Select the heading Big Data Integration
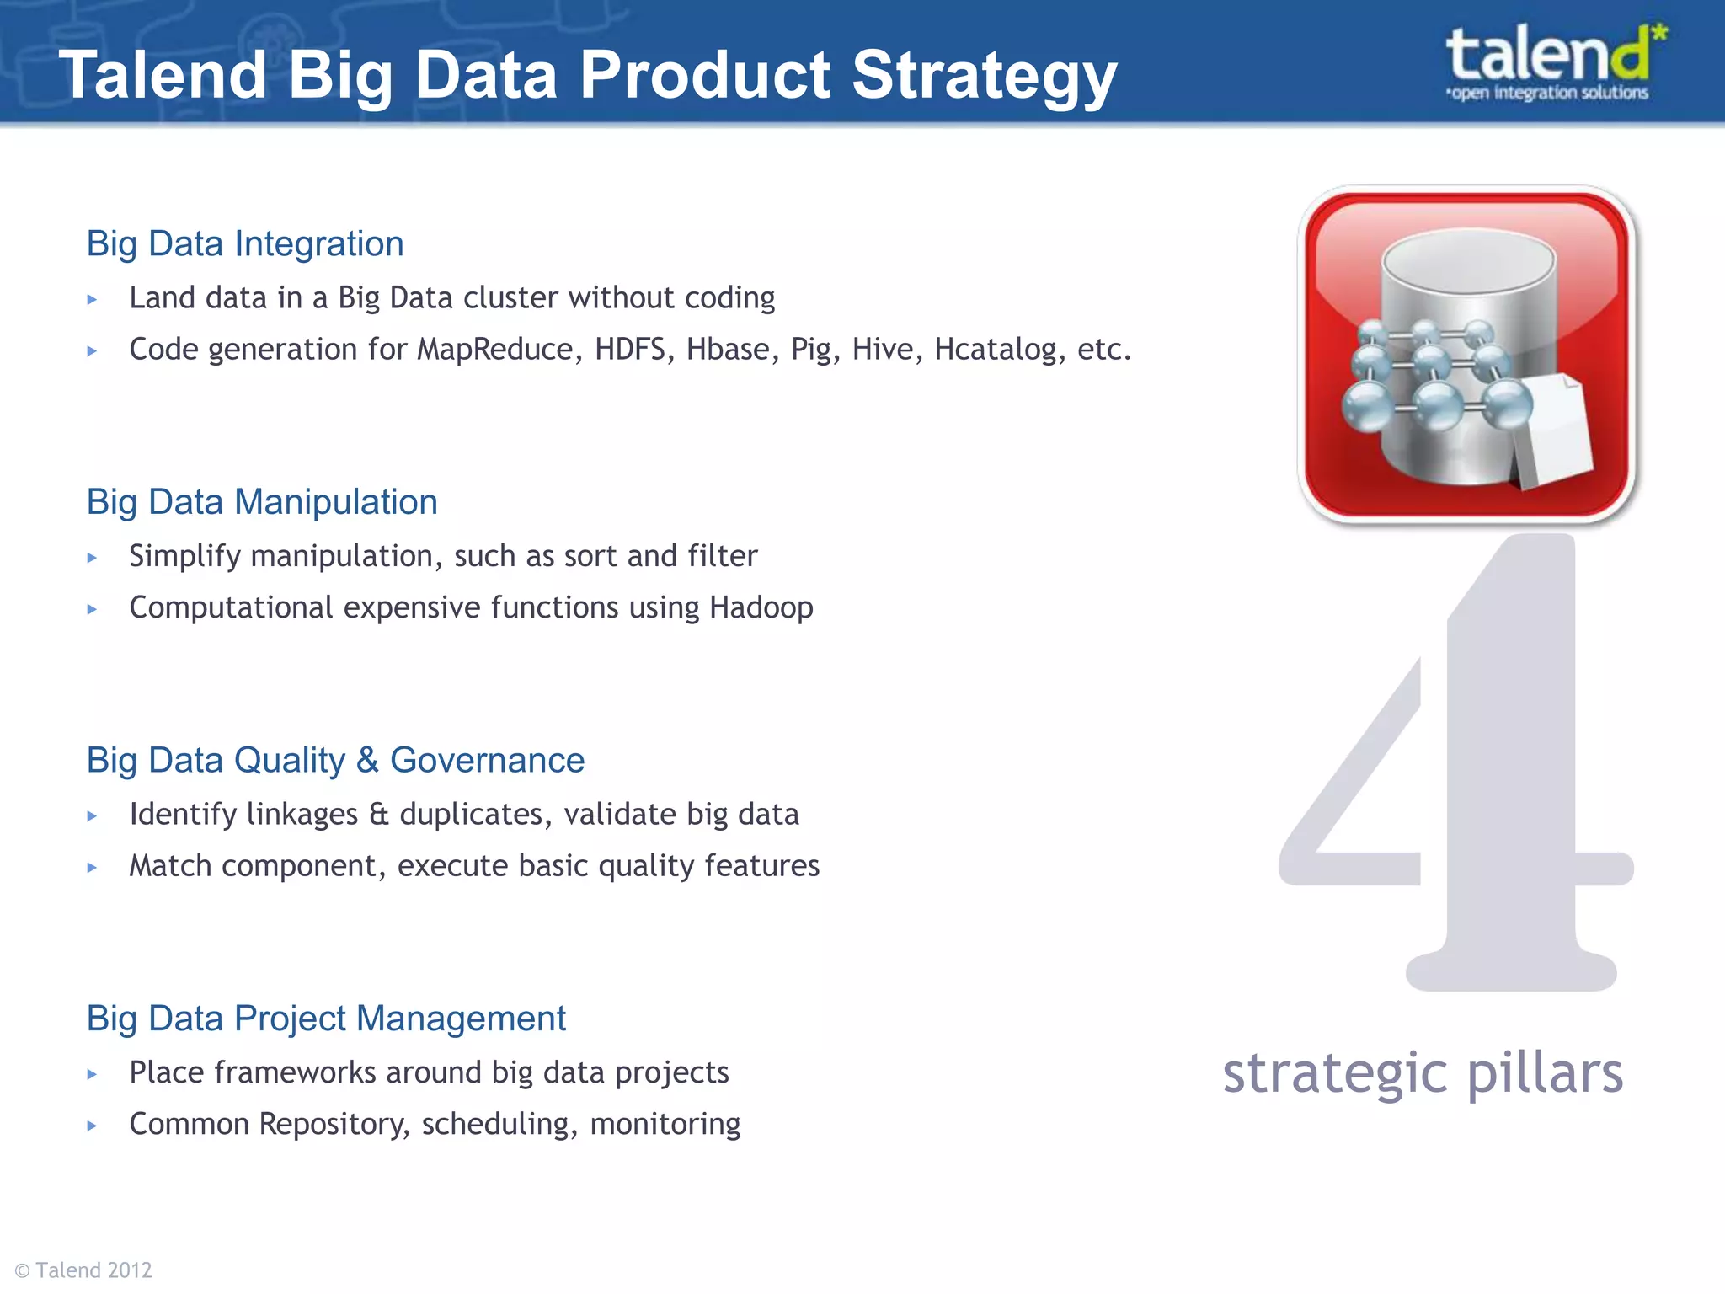click(245, 244)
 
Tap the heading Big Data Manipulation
click(262, 502)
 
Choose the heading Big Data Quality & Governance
click(335, 761)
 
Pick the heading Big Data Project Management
click(326, 1019)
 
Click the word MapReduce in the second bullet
click(494, 349)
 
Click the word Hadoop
click(761, 607)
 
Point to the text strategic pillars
click(1423, 1074)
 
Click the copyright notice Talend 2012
click(84, 1270)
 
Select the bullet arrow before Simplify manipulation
click(92, 558)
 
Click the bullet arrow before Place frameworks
click(92, 1074)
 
